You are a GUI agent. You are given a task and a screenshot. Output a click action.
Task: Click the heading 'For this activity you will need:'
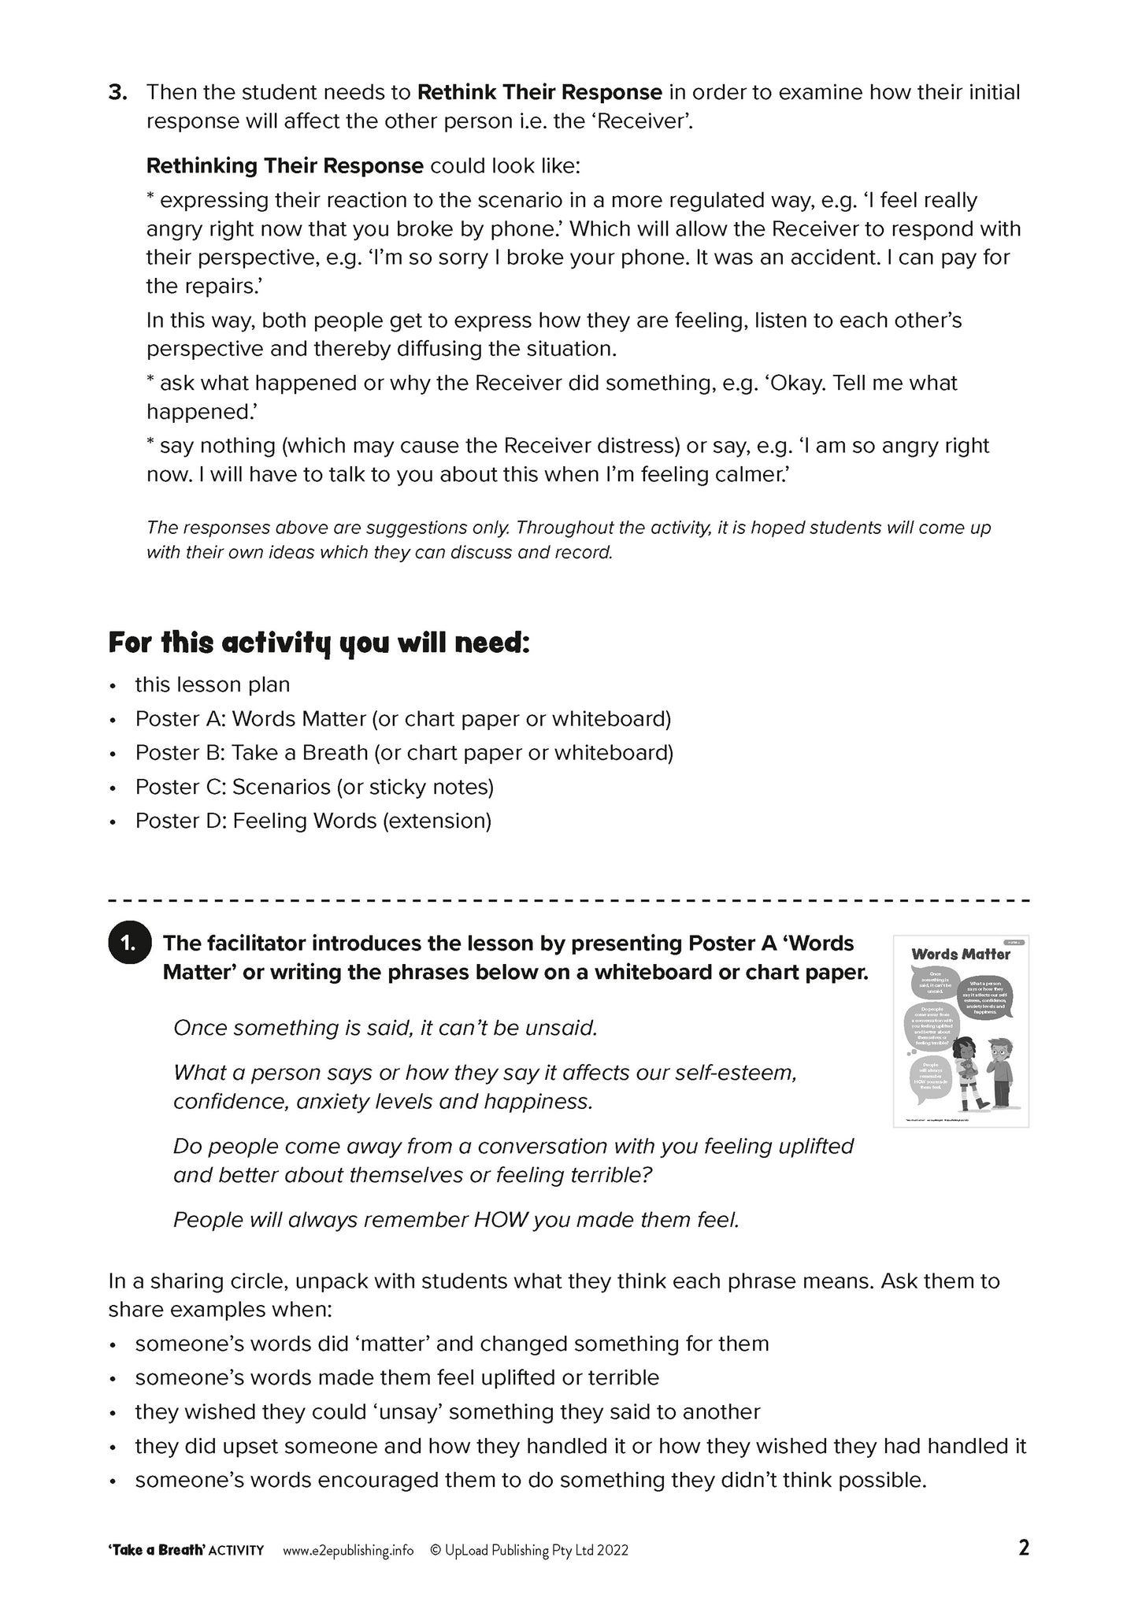pyautogui.click(x=319, y=643)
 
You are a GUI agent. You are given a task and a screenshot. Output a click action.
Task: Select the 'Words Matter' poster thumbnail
pyautogui.click(x=961, y=1030)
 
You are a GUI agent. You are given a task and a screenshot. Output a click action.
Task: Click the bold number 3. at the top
pyautogui.click(x=118, y=93)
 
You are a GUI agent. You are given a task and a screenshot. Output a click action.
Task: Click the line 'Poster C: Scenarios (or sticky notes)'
pyautogui.click(x=314, y=786)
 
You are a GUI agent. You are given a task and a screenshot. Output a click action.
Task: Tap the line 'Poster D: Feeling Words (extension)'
pyautogui.click(x=313, y=821)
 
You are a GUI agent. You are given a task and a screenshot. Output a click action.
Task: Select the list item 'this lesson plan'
pyautogui.click(x=213, y=684)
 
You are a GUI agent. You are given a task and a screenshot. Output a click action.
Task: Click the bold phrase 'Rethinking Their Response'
pyautogui.click(x=285, y=166)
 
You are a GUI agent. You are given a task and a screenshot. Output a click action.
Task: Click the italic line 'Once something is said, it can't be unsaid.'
pyautogui.click(x=385, y=1028)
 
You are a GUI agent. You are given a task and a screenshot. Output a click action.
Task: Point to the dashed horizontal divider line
pyautogui.click(x=569, y=899)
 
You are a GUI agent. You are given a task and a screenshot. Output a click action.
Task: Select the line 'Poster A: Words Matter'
pyautogui.click(x=402, y=718)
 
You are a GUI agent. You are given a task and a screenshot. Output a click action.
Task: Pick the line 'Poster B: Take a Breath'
pyautogui.click(x=404, y=752)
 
